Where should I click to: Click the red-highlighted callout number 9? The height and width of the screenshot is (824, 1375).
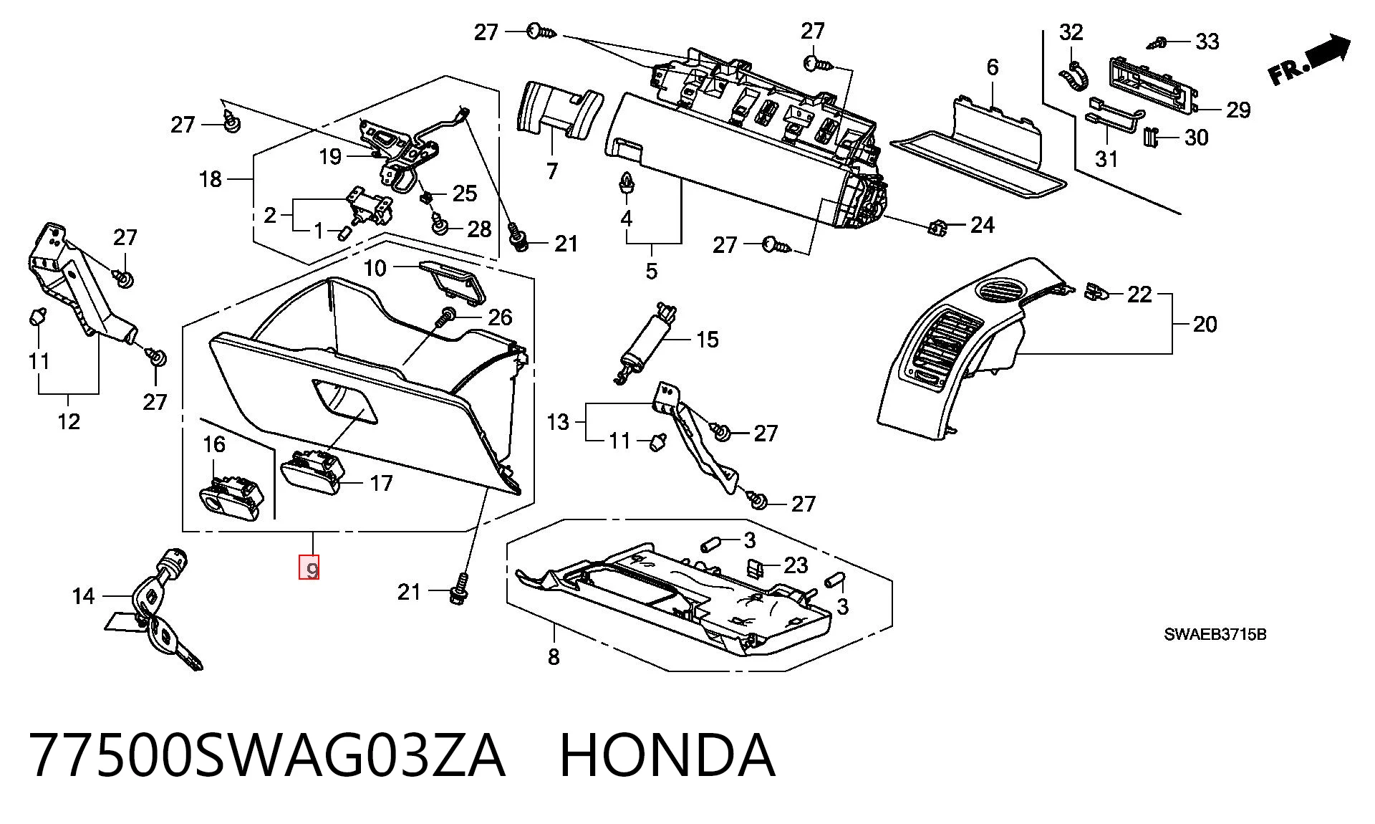point(309,567)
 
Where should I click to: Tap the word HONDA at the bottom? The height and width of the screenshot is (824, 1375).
point(667,754)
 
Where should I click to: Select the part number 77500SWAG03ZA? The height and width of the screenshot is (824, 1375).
point(267,754)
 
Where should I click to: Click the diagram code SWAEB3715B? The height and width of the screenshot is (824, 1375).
point(1215,634)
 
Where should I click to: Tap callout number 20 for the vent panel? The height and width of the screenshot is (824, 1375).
point(1205,325)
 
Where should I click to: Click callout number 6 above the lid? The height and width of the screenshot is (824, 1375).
point(992,67)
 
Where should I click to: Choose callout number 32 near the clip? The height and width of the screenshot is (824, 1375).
point(1071,32)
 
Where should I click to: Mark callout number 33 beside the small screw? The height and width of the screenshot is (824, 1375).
point(1207,42)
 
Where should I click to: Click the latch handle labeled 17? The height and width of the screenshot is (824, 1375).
point(313,470)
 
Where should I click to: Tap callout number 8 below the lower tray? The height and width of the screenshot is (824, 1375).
point(553,656)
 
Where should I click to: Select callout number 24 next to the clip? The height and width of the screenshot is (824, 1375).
point(983,225)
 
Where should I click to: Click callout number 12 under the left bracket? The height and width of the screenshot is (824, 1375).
point(69,421)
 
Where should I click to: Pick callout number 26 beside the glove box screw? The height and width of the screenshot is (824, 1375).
point(501,316)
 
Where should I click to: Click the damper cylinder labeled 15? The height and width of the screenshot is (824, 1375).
point(647,342)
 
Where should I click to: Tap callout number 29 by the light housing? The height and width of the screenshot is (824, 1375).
point(1238,110)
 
